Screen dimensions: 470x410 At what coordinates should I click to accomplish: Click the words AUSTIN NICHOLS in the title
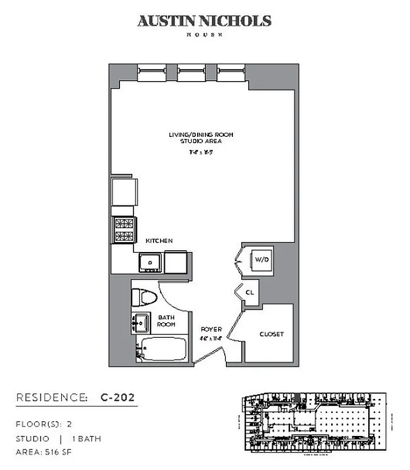pos(204,21)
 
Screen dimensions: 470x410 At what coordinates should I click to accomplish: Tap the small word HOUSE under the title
pos(204,36)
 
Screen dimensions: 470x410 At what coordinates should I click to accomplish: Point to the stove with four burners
pos(124,229)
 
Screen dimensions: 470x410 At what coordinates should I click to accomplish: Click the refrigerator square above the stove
pos(124,191)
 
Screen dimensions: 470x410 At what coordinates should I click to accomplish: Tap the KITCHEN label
pos(159,241)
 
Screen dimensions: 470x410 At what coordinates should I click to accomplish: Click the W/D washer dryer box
pos(259,259)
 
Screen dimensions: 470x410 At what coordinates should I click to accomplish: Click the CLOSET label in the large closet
pos(271,334)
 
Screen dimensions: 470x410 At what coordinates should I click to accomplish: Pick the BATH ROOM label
pos(166,321)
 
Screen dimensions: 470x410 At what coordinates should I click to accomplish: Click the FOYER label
pos(211,330)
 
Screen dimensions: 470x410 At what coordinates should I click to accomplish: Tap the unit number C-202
pos(117,398)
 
